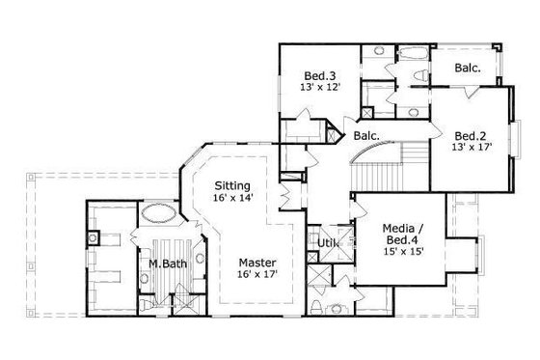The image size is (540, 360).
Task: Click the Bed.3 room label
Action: tap(320, 75)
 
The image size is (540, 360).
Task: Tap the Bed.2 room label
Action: tap(471, 136)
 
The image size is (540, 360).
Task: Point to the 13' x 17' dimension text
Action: tap(471, 149)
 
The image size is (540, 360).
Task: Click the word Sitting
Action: tap(232, 185)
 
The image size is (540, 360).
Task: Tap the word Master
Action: tap(258, 263)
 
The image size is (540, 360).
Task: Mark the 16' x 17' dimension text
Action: tap(258, 275)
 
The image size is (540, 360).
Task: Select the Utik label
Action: tap(329, 242)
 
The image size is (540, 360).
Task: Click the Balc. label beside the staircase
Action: tap(364, 136)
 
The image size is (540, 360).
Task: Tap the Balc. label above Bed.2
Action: tap(469, 68)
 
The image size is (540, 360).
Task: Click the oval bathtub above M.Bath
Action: tap(159, 214)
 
